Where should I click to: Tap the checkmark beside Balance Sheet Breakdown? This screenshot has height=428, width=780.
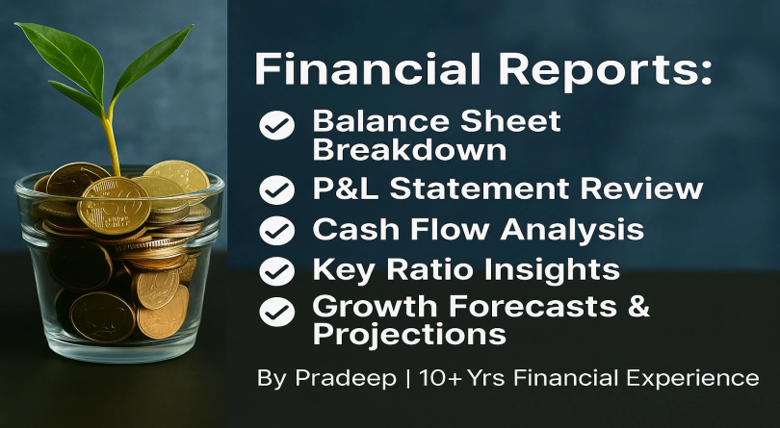tap(279, 124)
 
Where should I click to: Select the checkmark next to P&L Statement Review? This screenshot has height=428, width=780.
tap(279, 189)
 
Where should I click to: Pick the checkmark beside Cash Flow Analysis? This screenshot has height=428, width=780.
tap(279, 231)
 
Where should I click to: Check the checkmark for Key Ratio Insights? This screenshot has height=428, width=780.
tap(279, 271)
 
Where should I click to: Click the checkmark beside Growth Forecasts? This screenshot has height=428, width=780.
tap(279, 312)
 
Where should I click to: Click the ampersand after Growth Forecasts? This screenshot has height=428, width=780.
tap(638, 309)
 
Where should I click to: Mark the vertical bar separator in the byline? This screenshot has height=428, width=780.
tap(408, 378)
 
